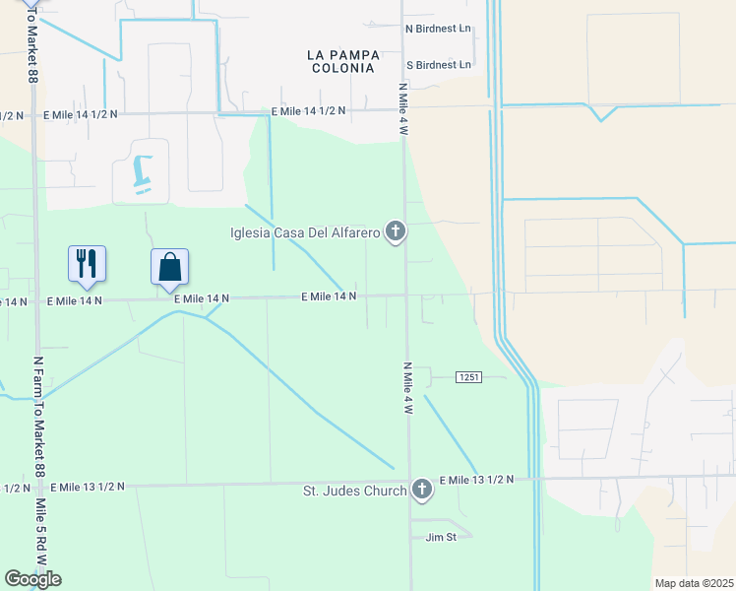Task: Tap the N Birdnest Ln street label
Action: (x=439, y=30)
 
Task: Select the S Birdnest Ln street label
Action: (x=439, y=65)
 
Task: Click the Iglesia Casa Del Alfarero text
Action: (x=304, y=233)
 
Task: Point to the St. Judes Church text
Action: (x=354, y=490)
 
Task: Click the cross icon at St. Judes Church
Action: (x=422, y=489)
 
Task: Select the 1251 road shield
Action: (x=468, y=377)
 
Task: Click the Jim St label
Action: (x=441, y=537)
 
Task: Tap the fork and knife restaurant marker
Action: (x=87, y=263)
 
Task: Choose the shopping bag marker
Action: (x=169, y=266)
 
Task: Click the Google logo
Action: (x=33, y=579)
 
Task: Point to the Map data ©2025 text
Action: (x=693, y=583)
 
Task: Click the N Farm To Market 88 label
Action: (x=39, y=415)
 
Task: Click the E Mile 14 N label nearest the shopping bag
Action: (x=202, y=297)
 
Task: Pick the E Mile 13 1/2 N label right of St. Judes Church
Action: (x=476, y=479)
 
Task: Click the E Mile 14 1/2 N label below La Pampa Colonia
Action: (x=308, y=111)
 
